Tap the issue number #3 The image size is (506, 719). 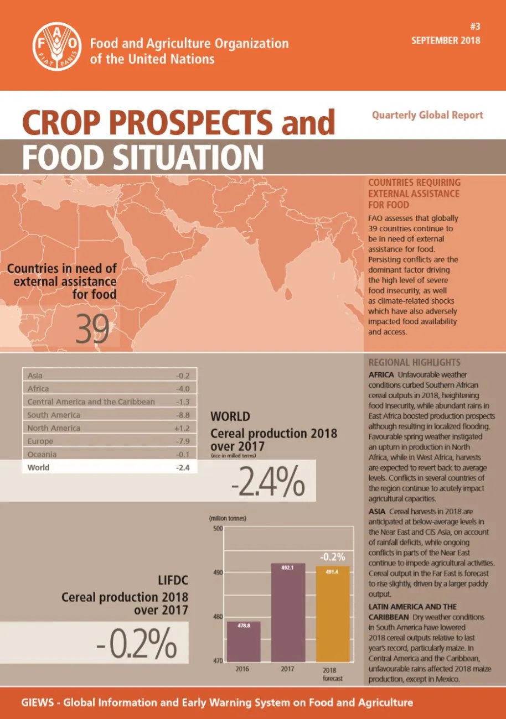pos(473,28)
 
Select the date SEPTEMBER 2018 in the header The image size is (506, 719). pos(446,40)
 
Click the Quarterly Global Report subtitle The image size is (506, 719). pos(427,115)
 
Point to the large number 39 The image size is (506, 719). pos(93,329)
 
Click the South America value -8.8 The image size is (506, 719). pos(182,415)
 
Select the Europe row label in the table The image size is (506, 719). pos(40,441)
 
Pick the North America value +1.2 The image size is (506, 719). pos(182,428)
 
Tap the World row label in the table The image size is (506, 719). pos(38,467)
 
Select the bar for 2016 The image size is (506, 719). pos(244,641)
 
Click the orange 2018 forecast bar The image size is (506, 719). pos(333,613)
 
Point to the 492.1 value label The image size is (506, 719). pos(287,567)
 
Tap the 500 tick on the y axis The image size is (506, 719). pos(218,529)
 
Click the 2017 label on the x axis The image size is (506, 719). pos(287,669)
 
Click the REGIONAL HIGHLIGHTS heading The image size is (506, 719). pos(414,363)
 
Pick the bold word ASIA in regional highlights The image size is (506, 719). pos(379,511)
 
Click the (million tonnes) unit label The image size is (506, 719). pos(228,519)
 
